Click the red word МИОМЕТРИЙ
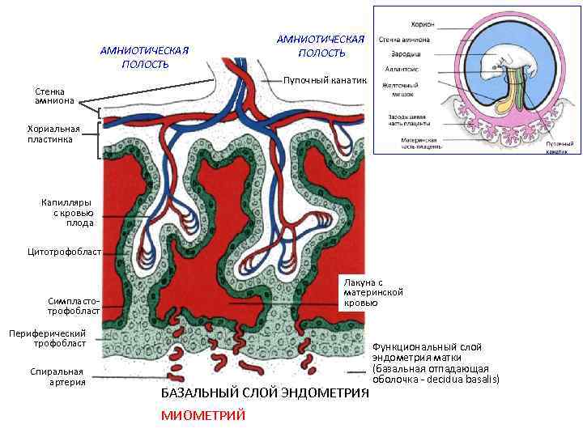click(x=202, y=415)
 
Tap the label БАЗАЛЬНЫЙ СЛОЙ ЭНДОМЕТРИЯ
click(x=265, y=392)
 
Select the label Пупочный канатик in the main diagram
click(x=325, y=80)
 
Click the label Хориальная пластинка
click(x=53, y=134)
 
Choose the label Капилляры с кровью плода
click(x=68, y=212)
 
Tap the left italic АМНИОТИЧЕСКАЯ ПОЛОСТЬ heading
click(x=144, y=57)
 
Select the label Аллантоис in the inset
click(x=399, y=70)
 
